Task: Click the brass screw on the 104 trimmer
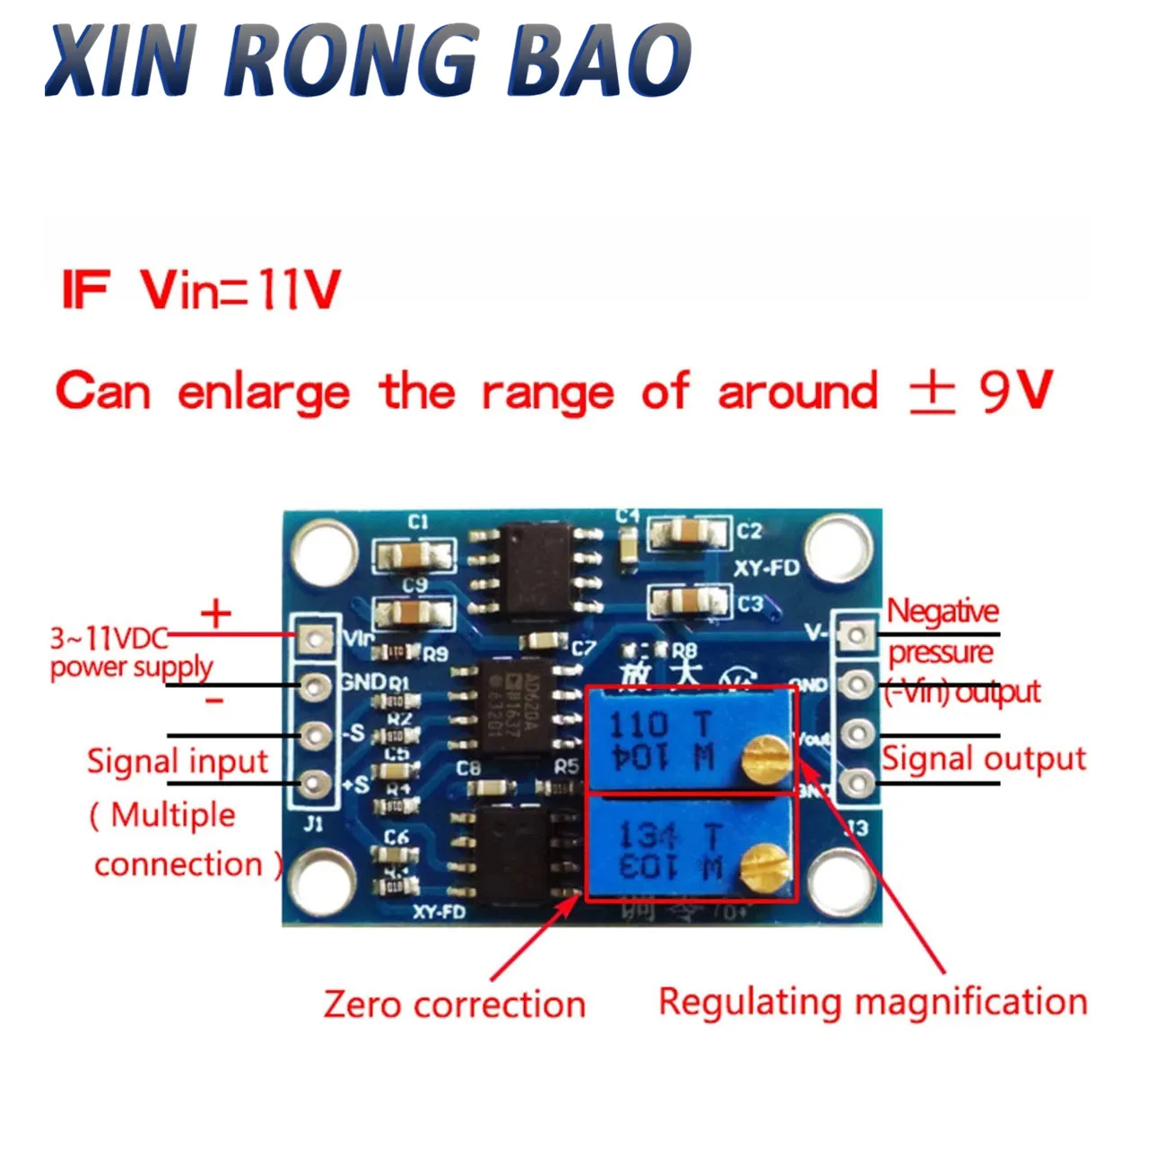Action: (763, 756)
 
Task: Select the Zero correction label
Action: (455, 1004)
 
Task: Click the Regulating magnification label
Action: (873, 1001)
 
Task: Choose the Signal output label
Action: (983, 759)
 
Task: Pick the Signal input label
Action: (178, 761)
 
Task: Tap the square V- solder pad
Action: (857, 636)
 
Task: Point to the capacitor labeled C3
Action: (687, 604)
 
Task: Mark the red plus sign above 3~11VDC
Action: (215, 614)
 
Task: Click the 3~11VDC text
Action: (109, 639)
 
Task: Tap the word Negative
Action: (943, 612)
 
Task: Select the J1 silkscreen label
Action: (312, 823)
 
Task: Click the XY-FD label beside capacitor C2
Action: (765, 568)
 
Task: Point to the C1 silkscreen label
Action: (418, 522)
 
